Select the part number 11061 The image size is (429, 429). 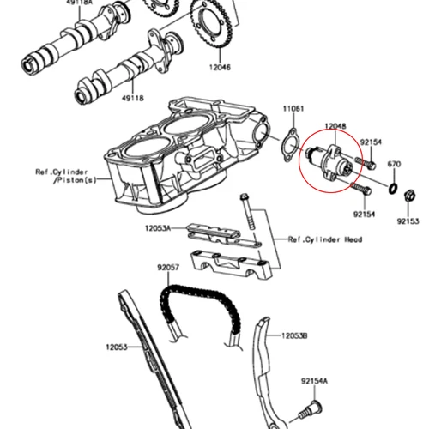294,109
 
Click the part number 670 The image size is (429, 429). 394,164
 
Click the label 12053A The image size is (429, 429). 158,228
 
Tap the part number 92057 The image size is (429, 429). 167,268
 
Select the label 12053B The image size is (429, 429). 294,335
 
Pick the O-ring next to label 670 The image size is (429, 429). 390,187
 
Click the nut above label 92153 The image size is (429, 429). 408,202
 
